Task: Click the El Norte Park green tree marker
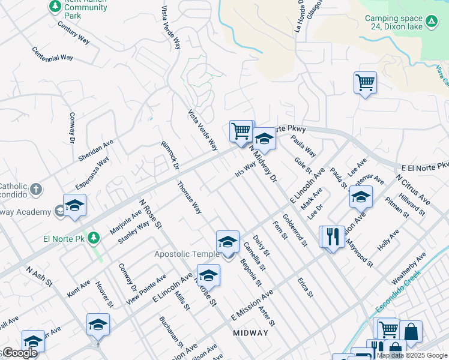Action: click(93, 238)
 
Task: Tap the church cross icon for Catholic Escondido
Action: click(36, 190)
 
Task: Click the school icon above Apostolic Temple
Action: click(228, 242)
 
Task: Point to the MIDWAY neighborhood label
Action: click(250, 333)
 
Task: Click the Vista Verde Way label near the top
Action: click(170, 28)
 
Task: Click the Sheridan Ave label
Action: click(95, 151)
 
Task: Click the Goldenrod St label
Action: click(295, 230)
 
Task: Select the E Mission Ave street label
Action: click(252, 306)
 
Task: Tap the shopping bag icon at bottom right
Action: click(411, 332)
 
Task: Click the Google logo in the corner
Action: click(19, 353)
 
